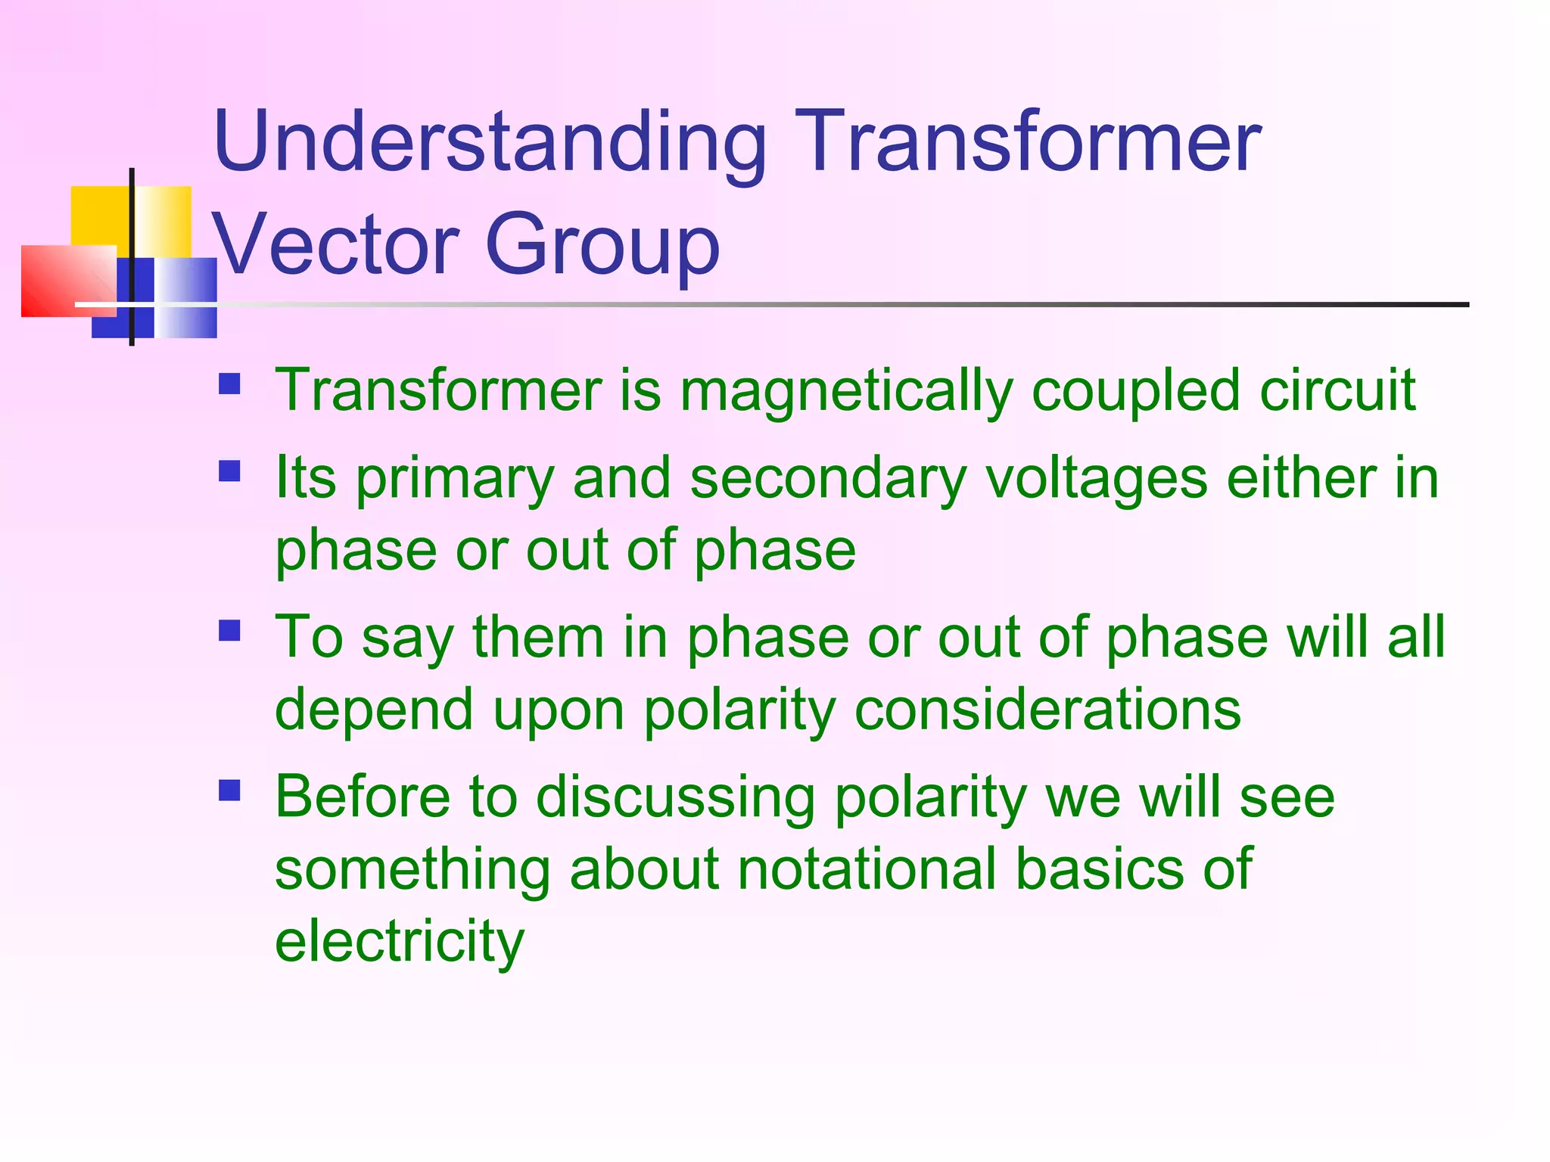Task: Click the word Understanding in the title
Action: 490,142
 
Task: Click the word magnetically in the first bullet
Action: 845,392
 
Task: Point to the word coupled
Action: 1135,392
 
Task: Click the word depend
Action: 374,711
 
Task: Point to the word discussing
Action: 675,797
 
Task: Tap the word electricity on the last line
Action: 399,942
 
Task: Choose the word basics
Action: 1100,869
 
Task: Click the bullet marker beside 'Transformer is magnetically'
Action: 229,384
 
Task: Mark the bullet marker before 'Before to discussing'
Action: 229,791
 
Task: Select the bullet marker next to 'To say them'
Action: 229,630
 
